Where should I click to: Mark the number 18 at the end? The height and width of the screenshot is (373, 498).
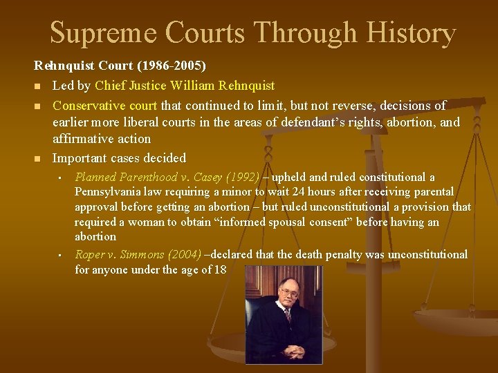tap(219, 269)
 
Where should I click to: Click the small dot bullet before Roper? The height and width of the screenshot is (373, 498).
tap(60, 255)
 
